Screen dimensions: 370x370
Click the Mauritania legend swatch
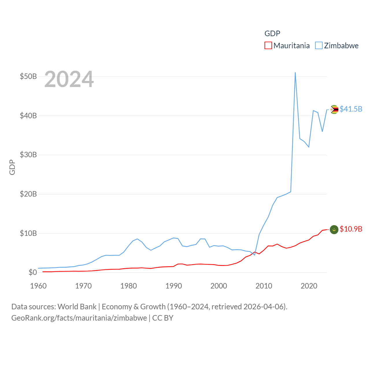coord(268,46)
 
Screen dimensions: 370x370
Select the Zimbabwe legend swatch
coord(319,46)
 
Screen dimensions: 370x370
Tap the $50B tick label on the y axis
coord(28,77)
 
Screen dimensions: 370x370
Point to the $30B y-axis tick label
coord(28,155)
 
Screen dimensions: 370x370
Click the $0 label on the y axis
coord(33,273)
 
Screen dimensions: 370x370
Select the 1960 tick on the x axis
coord(38,286)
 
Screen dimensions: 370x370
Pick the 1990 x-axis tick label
coord(174,286)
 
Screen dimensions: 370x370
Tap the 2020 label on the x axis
coord(309,286)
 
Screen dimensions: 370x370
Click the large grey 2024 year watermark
coord(69,79)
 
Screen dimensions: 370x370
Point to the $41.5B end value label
coord(351,109)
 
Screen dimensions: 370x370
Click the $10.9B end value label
coord(351,229)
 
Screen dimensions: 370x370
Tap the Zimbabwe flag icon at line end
coord(334,110)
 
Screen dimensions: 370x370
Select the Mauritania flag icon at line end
coord(334,230)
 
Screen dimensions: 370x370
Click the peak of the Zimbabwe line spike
coord(295,73)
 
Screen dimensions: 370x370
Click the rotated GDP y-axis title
coord(12,167)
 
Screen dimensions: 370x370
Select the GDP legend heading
coord(272,34)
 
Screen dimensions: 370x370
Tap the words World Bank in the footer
coord(77,307)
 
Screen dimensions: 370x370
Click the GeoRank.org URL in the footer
coord(79,318)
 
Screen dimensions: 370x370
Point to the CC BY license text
coord(163,318)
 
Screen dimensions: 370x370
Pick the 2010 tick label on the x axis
coord(264,286)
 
